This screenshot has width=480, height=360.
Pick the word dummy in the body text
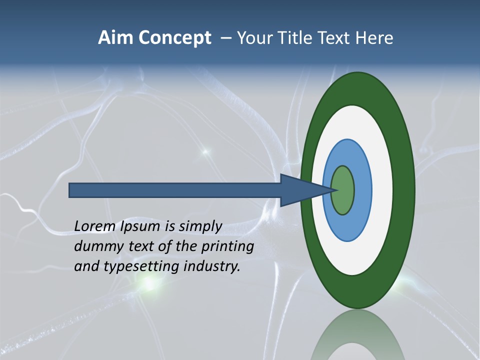click(95, 247)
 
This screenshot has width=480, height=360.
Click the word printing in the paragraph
click(227, 247)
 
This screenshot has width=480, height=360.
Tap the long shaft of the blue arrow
click(175, 190)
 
